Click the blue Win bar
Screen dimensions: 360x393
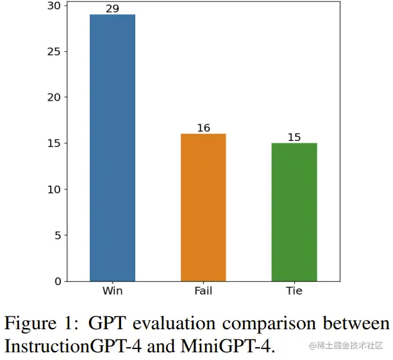112,147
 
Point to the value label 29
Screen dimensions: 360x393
112,9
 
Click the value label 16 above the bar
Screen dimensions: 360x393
203,128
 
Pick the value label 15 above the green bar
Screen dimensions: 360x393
294,138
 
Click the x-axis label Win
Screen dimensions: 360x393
112,291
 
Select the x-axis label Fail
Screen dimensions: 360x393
203,291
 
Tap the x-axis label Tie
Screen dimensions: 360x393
294,291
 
